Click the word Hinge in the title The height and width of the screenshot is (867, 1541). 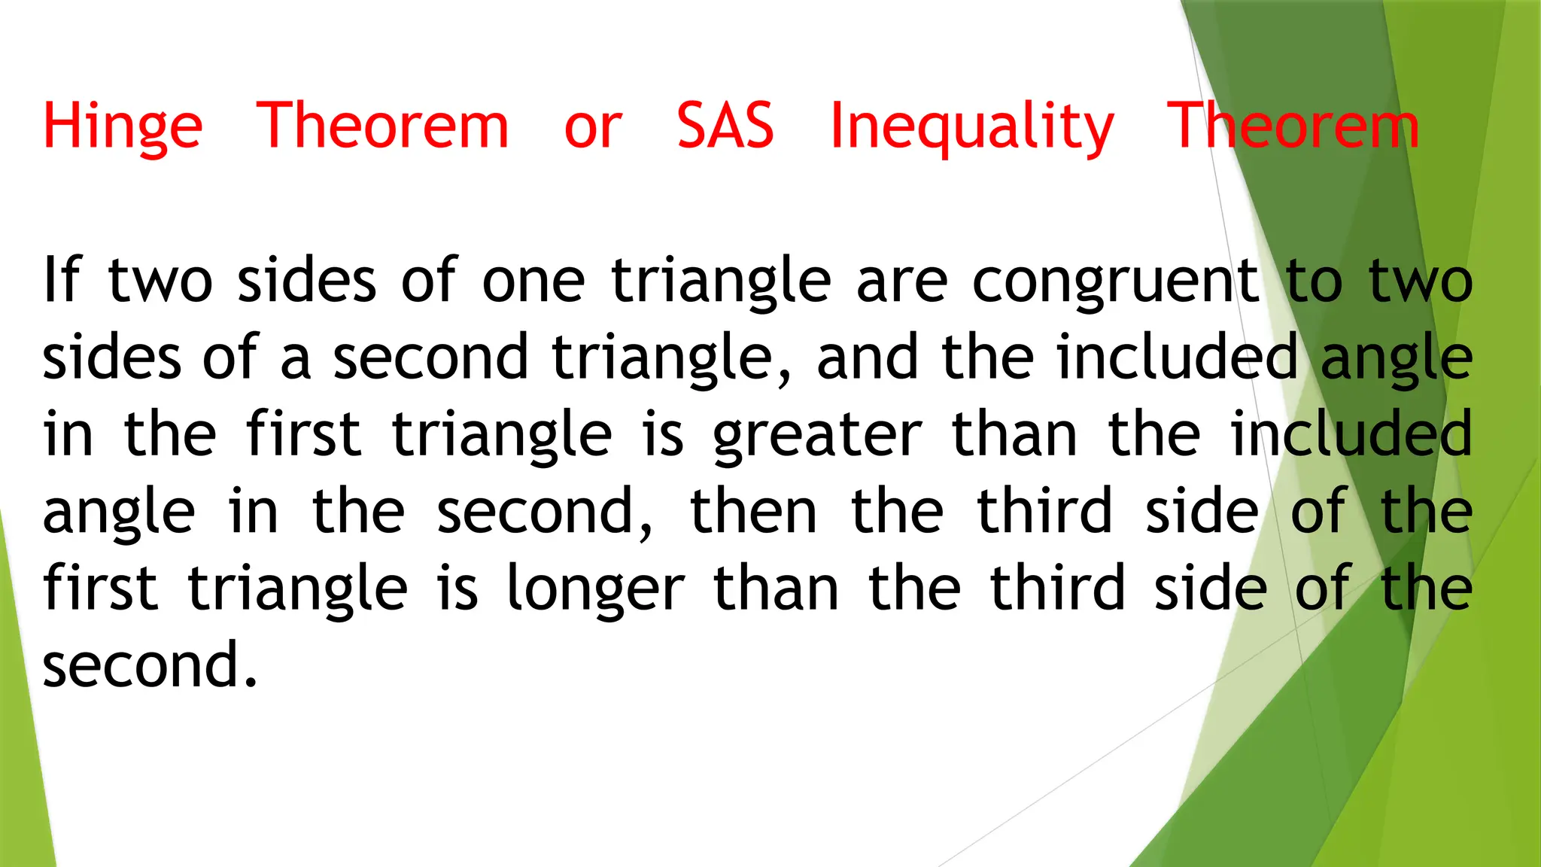123,126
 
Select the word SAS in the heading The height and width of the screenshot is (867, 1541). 725,125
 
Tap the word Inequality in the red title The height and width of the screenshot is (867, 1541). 971,126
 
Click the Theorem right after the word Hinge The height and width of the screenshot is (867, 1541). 383,125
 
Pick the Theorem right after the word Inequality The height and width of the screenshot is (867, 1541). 1293,125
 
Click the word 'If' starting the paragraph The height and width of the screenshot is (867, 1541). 62,280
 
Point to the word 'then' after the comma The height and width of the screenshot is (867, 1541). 753,512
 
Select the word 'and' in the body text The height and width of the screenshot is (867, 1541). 867,357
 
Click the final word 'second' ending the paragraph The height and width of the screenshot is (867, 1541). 141,666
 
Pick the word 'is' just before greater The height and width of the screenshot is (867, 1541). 663,435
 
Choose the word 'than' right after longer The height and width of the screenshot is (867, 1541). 776,589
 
